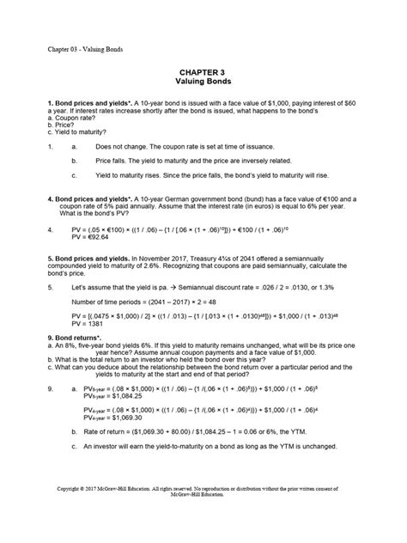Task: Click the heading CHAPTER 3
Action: point(203,76)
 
